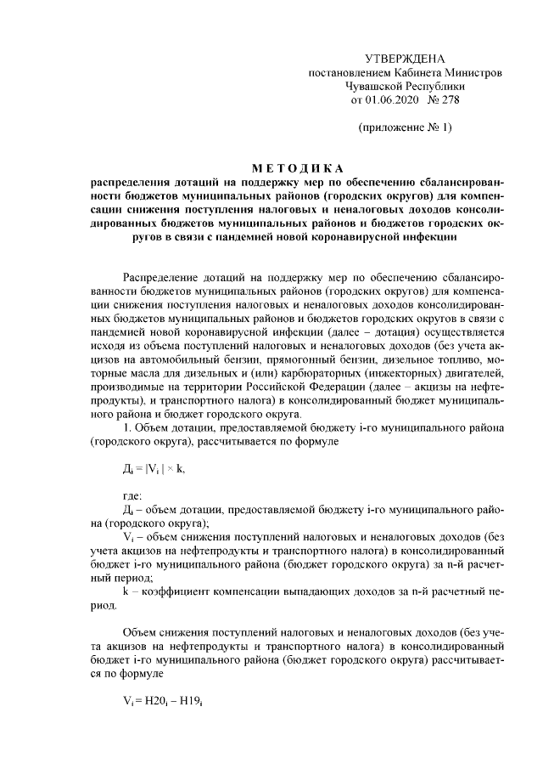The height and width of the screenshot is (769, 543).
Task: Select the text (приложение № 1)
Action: [405, 128]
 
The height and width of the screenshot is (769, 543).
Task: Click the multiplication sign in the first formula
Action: [166, 469]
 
